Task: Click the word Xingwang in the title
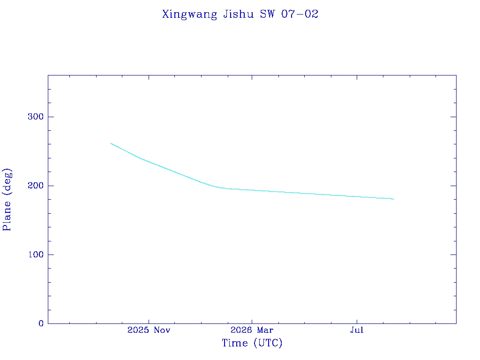(189, 15)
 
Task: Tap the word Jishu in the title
(239, 14)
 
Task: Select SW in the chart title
(268, 14)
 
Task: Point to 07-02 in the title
(300, 14)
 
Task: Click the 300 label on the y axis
(36, 117)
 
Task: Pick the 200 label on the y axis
(36, 186)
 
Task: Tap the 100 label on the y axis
(36, 255)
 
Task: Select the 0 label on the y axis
(41, 323)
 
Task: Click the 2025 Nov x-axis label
(149, 330)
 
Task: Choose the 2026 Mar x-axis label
(252, 330)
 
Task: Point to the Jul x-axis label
(357, 330)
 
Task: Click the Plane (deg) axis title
(7, 199)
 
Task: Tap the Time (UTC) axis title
(252, 343)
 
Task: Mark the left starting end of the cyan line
(111, 143)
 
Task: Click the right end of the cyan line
(394, 199)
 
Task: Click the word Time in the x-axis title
(235, 343)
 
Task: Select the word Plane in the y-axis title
(7, 216)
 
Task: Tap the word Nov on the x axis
(162, 330)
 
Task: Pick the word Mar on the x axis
(265, 330)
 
